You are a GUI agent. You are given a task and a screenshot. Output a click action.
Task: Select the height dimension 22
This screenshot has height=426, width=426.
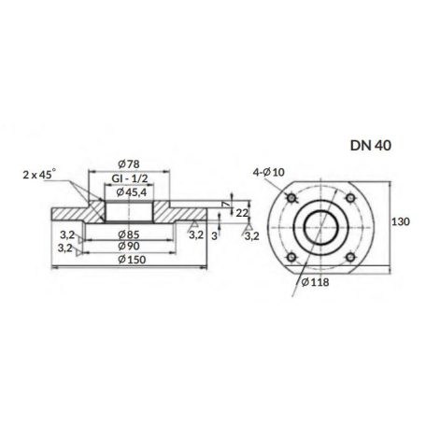(241, 214)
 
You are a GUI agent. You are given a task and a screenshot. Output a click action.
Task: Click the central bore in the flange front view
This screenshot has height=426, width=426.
(319, 227)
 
